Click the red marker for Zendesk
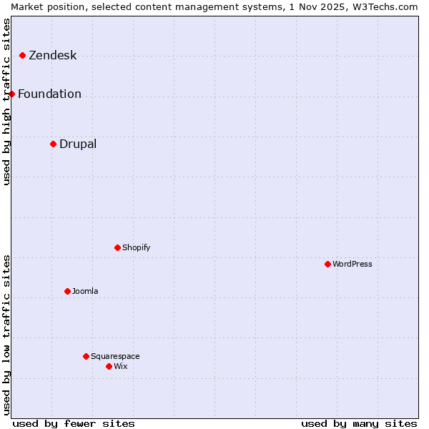22,55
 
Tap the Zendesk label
52,56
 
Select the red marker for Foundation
11,94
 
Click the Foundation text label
49,94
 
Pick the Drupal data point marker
53,144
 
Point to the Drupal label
77,144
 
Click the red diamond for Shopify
117,247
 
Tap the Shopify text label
136,248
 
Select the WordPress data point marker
327,264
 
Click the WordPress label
352,265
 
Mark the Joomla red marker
67,291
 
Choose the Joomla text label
85,292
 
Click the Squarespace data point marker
86,356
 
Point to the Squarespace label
115,357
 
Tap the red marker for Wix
109,366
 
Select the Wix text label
120,367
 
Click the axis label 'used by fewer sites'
74,423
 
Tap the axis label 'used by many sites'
359,423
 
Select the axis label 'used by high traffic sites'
6,102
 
